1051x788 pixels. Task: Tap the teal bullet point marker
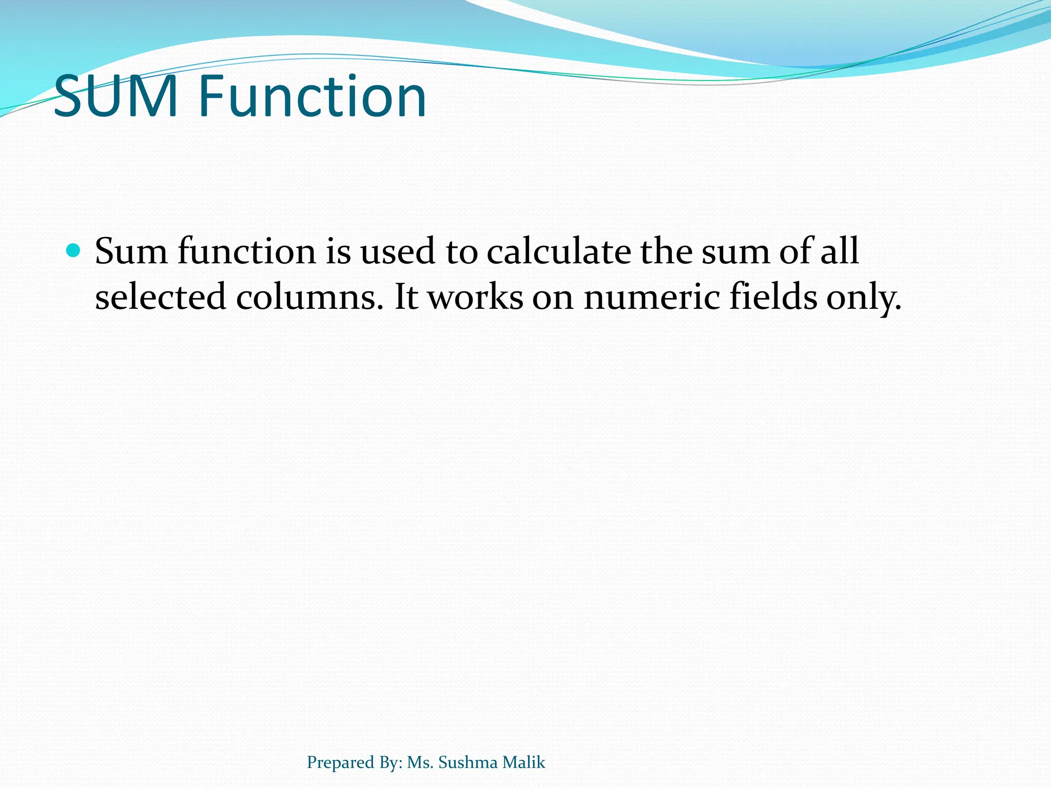(x=74, y=251)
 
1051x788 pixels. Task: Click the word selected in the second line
(x=161, y=297)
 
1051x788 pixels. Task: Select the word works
(x=475, y=297)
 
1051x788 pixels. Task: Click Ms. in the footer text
(x=420, y=762)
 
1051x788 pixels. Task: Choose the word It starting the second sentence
(x=406, y=297)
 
